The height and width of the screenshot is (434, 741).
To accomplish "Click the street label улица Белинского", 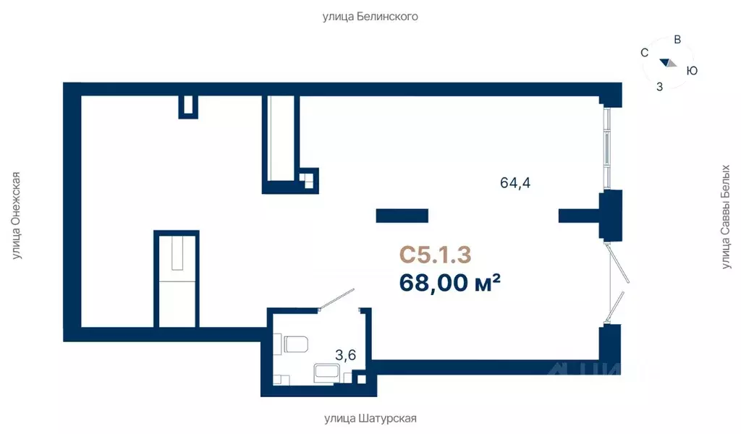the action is click(370, 17).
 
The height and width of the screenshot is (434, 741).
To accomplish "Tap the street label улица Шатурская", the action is click(370, 418).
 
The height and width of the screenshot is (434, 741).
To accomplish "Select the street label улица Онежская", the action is click(17, 216).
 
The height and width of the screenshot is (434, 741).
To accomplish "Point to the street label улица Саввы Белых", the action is click(725, 217).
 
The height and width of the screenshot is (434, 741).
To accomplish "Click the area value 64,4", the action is click(515, 182).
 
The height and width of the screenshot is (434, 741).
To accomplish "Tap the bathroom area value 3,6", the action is click(345, 354).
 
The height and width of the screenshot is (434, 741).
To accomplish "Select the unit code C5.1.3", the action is click(435, 255).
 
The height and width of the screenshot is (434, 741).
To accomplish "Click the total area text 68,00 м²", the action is click(450, 282).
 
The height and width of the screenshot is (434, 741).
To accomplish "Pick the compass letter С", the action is click(644, 52).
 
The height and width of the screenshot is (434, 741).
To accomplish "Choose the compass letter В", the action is click(677, 40).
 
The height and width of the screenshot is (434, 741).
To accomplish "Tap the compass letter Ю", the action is click(692, 71).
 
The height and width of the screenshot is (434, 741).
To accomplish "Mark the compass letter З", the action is click(660, 87).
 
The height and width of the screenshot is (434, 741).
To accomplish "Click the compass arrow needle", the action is click(668, 63).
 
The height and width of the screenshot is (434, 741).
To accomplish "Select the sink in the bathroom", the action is click(326, 372).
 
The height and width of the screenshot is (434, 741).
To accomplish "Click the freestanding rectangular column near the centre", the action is click(402, 216).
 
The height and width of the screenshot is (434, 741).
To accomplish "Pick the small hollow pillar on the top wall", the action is click(188, 107).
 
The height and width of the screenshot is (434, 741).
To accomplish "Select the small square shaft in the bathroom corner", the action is click(362, 379).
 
